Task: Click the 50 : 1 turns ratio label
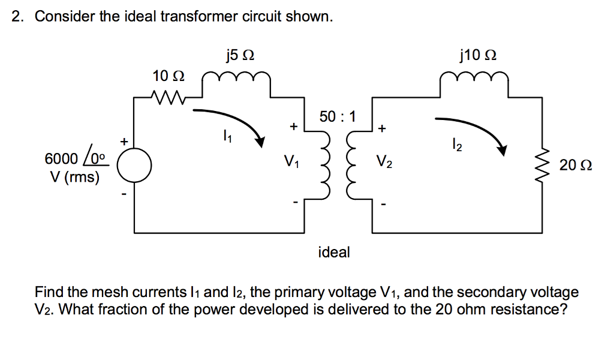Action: click(338, 116)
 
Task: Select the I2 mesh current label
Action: click(457, 144)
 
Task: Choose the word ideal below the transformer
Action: click(334, 252)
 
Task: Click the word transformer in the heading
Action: click(206, 16)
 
